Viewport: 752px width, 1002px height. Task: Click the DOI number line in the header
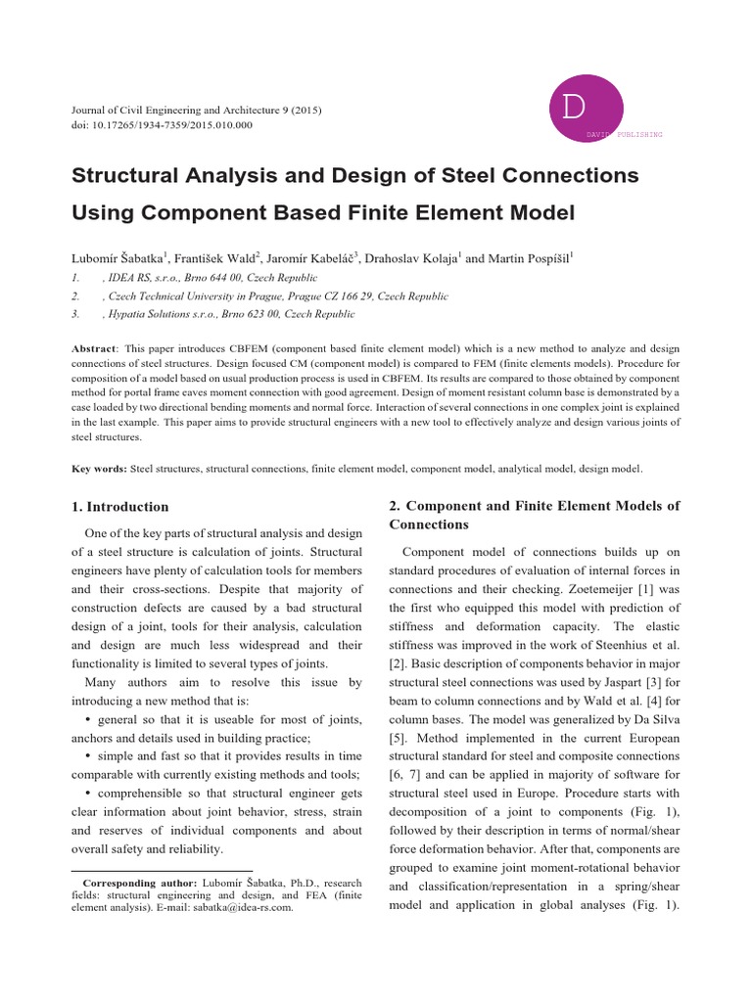pos(162,125)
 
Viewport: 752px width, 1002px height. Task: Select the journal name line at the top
pos(197,109)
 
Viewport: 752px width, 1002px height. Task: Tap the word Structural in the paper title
pos(132,176)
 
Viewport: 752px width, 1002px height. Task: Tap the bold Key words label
pos(100,469)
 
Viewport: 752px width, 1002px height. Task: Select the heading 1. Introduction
pos(120,507)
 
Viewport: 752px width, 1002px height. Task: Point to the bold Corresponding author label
pos(141,884)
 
